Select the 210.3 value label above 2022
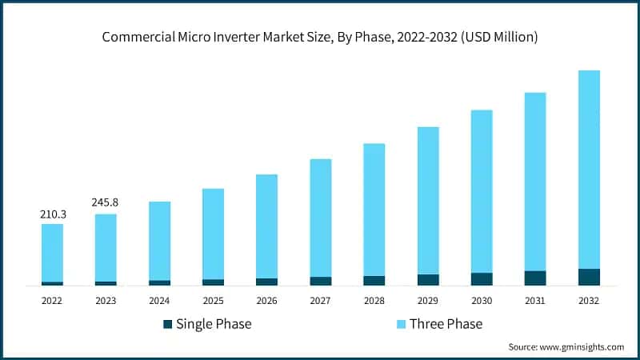pyautogui.click(x=52, y=214)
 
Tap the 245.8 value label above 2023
pyautogui.click(x=106, y=203)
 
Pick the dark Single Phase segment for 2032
pyautogui.click(x=589, y=277)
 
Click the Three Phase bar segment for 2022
pyautogui.click(x=52, y=252)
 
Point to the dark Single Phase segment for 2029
pyautogui.click(x=428, y=280)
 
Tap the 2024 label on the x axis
pyautogui.click(x=159, y=301)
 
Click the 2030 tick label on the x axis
pyautogui.click(x=482, y=301)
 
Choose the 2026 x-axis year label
pyautogui.click(x=266, y=301)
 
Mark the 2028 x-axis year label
pyautogui.click(x=374, y=301)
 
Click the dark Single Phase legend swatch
pyautogui.click(x=167, y=324)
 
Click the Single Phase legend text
pyautogui.click(x=214, y=324)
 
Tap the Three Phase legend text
pyautogui.click(x=446, y=324)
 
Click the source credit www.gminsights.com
pyautogui.click(x=566, y=347)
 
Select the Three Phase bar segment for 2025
pyautogui.click(x=213, y=234)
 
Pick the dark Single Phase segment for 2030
pyautogui.click(x=482, y=279)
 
